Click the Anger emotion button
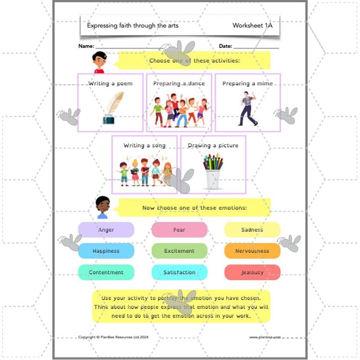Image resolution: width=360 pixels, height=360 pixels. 106,229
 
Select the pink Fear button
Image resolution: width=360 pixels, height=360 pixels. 179,229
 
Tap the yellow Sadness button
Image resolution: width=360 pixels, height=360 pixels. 252,229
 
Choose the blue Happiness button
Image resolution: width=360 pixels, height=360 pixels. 106,251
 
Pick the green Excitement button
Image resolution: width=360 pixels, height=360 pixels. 179,251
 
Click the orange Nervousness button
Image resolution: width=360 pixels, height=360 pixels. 252,251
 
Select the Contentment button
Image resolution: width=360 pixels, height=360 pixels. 106,272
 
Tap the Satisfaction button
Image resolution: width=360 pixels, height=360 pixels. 179,272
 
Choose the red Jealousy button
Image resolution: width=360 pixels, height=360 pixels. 252,272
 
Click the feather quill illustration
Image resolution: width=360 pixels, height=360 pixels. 115,103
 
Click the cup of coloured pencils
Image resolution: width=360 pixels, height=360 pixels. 213,171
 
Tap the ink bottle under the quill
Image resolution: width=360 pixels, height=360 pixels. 108,119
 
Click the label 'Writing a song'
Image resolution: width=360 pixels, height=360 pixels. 144,145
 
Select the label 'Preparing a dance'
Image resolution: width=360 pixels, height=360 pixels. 179,83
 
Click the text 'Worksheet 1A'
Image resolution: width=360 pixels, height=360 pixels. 252,26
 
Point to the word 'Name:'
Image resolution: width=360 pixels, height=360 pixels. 86,46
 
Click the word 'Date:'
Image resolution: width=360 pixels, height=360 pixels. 225,46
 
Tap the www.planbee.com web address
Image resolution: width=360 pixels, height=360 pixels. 265,337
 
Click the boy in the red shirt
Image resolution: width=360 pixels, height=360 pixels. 99,62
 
